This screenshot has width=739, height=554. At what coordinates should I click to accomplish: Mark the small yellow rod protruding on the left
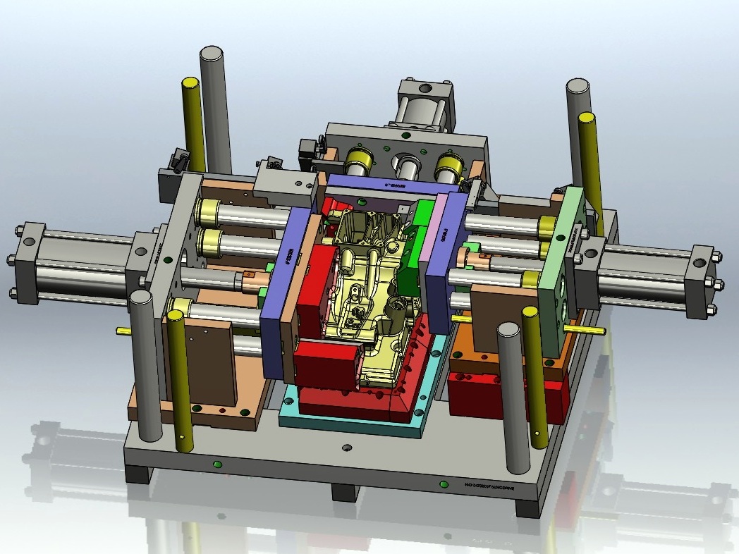[x=122, y=329]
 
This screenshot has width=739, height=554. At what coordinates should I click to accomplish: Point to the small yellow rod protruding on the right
[x=593, y=329]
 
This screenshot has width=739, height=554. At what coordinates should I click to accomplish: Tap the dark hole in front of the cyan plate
[x=346, y=448]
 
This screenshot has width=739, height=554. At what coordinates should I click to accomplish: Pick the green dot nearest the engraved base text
[x=444, y=484]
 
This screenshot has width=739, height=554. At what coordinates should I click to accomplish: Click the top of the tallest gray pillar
[x=212, y=54]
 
